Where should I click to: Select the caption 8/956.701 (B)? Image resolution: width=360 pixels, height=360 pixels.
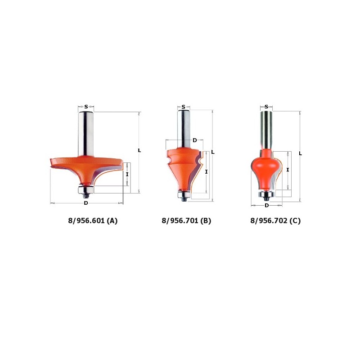pos(186,221)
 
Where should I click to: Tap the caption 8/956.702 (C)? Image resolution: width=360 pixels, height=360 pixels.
pos(275,221)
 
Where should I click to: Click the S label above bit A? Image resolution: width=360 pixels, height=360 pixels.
pos(86,107)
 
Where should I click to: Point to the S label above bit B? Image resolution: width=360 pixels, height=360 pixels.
pos(183,107)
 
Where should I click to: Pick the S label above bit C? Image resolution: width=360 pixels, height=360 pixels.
pos(266,107)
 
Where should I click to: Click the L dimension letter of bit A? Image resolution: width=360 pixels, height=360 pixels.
pos(139,150)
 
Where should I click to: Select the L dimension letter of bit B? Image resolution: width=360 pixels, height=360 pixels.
pos(213,152)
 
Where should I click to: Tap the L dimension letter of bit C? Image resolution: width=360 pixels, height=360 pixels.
pos(300,153)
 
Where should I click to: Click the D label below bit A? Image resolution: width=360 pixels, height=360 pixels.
pos(86,203)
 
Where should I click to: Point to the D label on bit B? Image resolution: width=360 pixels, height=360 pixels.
pos(194,140)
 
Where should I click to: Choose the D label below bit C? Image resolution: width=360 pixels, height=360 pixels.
pos(266,205)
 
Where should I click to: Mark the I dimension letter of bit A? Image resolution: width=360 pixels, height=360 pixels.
pos(127,174)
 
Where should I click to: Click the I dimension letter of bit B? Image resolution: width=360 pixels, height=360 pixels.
pos(206,171)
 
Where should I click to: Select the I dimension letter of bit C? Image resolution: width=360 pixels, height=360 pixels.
pos(288,170)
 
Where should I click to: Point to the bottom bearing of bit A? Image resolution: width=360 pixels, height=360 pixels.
pos(86,189)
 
